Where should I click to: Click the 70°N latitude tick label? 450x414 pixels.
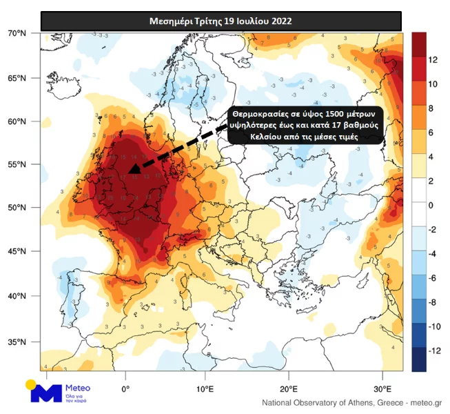coord(17,33)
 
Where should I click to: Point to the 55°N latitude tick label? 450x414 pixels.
coord(17,164)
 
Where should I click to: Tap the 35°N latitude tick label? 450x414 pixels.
coord(17,342)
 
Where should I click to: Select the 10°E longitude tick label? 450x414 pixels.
coord(205,386)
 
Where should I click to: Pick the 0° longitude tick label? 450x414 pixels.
coord(125,386)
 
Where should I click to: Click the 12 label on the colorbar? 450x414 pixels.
coord(433,60)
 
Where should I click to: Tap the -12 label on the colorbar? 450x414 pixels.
coord(434,351)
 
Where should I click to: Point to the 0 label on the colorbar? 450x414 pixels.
coord(431,206)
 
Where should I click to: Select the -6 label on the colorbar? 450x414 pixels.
coord(432,278)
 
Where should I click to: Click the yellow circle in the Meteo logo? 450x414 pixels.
coord(31,385)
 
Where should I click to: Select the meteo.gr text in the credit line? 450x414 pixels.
coord(427,402)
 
